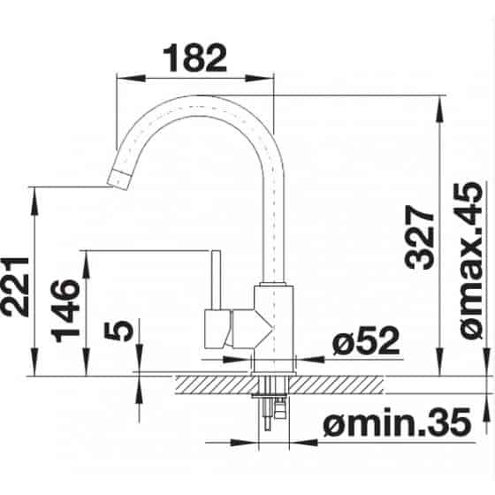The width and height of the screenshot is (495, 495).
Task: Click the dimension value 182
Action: coord(194,58)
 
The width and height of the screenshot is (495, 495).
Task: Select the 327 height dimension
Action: coord(420,238)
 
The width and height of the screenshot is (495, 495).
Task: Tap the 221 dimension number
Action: coord(14,286)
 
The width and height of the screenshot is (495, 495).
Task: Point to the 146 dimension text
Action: coord(65,311)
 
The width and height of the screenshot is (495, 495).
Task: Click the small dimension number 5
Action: coord(118,331)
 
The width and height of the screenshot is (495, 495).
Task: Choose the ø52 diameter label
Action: coord(366,340)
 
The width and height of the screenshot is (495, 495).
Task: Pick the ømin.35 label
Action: coord(397,423)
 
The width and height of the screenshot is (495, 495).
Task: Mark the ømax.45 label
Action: coord(468,261)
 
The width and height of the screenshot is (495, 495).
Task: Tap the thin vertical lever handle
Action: coord(217,280)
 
